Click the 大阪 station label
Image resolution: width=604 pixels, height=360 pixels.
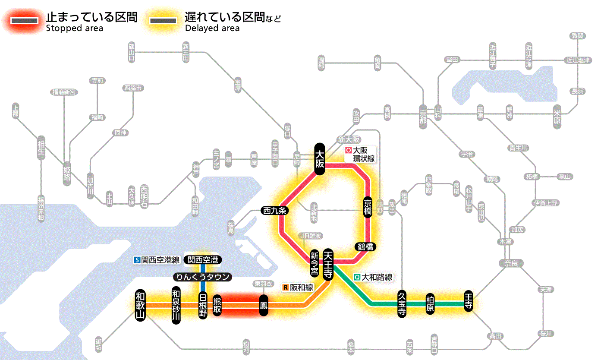click(319, 159)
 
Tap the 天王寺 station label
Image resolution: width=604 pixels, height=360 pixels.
click(328, 264)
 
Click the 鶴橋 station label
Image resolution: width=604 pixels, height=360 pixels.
click(366, 247)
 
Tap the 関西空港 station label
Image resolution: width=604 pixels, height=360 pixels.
click(203, 260)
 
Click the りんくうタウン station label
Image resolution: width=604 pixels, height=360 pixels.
click(203, 277)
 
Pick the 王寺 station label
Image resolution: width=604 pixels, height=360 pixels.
click(469, 300)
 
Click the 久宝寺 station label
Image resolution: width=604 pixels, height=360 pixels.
click(402, 304)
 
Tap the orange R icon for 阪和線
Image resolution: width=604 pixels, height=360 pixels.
click(285, 287)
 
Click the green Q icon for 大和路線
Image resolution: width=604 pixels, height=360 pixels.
click(357, 278)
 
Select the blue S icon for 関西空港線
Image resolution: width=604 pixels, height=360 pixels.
click(137, 260)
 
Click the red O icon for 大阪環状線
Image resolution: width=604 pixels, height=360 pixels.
click(348, 151)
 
